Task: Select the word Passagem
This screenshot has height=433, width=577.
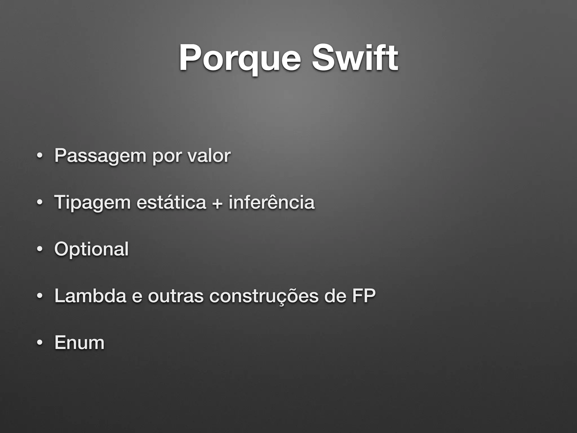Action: click(100, 156)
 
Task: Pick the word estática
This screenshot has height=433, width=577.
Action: click(171, 202)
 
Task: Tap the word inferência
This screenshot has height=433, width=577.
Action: click(271, 202)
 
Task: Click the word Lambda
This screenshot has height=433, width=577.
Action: click(90, 296)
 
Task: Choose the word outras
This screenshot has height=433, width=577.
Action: click(176, 296)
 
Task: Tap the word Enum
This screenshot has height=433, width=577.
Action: click(79, 343)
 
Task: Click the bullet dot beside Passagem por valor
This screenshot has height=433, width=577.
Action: click(40, 156)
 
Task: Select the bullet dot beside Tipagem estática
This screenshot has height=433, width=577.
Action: click(40, 202)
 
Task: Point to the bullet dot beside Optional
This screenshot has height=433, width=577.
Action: click(40, 249)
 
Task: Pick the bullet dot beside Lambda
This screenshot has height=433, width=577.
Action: click(40, 296)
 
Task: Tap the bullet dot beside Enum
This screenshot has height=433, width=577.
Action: click(40, 343)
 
